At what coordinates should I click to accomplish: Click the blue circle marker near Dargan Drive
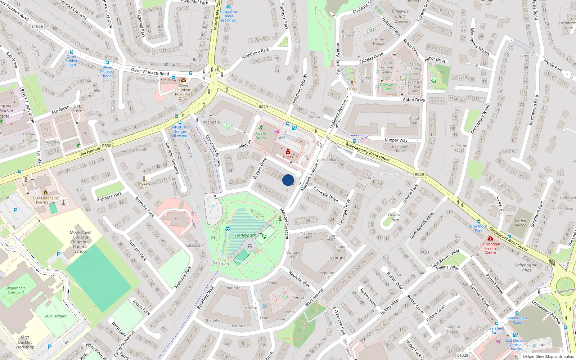[288, 180]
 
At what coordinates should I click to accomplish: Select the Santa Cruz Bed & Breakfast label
[229, 16]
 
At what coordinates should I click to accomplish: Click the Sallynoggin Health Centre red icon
[490, 238]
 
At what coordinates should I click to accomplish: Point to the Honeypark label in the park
[246, 235]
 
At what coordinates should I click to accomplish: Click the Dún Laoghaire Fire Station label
[45, 200]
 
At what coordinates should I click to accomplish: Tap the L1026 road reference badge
[37, 26]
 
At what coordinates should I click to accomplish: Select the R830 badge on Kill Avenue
[107, 146]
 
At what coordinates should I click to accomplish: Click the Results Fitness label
[261, 135]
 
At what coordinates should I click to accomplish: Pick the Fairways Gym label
[387, 87]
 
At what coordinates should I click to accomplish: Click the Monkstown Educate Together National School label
[81, 242]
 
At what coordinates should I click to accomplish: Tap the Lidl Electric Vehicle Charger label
[515, 345]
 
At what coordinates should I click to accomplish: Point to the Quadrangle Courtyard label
[16, 290]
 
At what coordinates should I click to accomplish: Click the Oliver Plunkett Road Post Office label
[183, 92]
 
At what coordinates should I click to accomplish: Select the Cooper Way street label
[396, 140]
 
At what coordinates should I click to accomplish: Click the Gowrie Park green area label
[395, 217]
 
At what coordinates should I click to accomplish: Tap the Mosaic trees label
[144, 185]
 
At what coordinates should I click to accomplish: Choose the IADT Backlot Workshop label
[25, 342]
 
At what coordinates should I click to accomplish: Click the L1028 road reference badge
[463, 355]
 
